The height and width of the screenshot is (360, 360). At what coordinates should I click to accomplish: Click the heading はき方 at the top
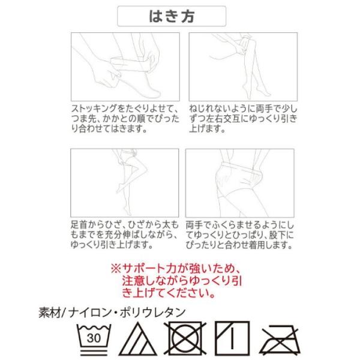172,16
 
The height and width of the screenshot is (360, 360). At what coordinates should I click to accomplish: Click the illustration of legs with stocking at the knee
240,67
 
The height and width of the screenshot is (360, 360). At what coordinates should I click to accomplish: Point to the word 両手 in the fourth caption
196,224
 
